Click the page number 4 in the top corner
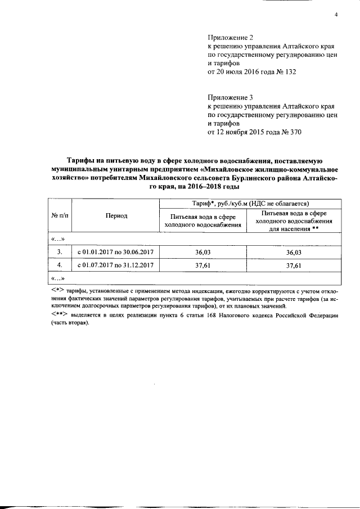tap(335, 15)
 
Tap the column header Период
tap(116, 216)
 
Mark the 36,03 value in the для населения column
tap(294, 251)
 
